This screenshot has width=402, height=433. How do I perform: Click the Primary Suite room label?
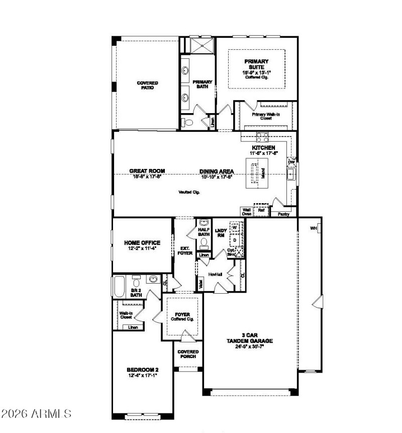pos(257,65)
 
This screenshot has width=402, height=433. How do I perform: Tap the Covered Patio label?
pos(147,85)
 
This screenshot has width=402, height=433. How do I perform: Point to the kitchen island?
pos(255,174)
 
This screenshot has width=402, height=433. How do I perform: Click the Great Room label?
pos(147,171)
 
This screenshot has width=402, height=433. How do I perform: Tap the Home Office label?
pos(142,243)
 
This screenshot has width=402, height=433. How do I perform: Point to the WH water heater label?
pos(314,228)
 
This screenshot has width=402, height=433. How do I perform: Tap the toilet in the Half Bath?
pos(204,243)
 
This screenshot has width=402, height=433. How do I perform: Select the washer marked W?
pos(235,228)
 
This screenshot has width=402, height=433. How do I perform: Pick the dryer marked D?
pos(235,240)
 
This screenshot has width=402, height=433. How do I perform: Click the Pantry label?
pos(283,213)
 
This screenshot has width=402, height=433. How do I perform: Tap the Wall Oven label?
pos(246,211)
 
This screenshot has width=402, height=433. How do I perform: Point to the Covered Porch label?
pos(188,354)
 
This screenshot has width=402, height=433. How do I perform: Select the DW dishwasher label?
pos(291,162)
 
